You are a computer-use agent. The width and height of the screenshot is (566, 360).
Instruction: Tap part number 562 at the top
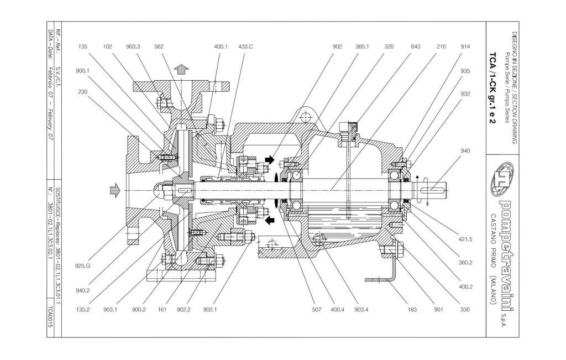coord(158,47)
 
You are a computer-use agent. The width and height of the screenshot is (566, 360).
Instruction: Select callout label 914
coord(465,47)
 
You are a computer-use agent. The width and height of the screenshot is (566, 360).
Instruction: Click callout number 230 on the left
coord(83,92)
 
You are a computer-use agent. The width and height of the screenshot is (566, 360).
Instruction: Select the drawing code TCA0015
coord(50,320)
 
